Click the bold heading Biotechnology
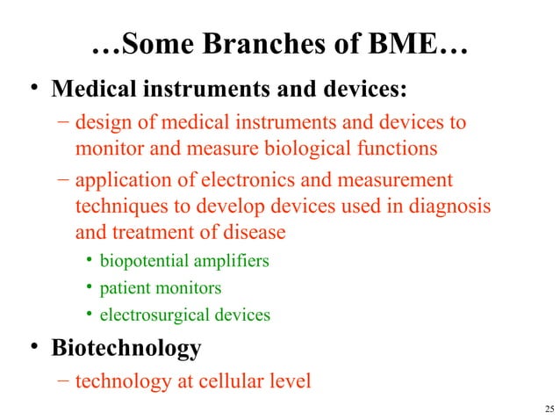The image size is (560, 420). pos(126,348)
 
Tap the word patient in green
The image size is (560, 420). pos(124,287)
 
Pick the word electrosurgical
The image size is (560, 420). pos(157,314)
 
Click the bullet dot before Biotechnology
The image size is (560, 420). pos(33,348)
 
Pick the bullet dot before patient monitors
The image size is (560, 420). pos(90,287)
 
